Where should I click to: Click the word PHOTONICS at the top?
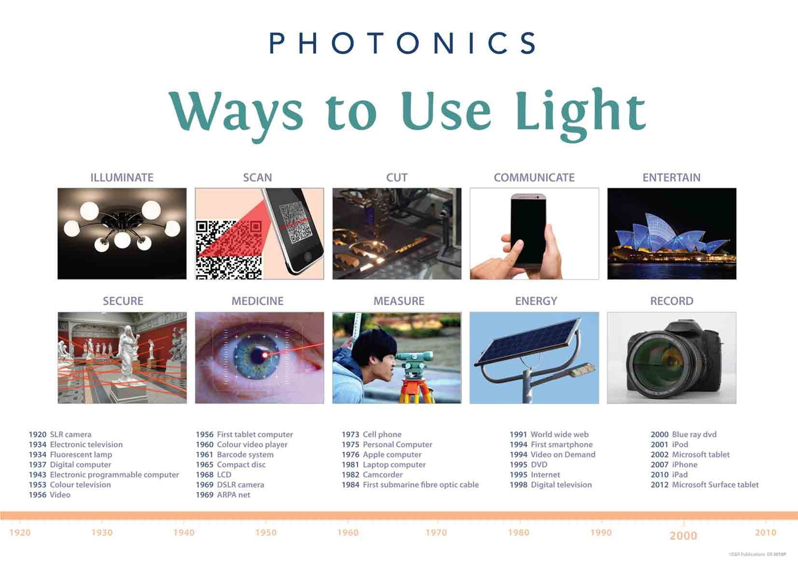402,43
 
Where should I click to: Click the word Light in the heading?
580,112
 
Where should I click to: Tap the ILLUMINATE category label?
121,177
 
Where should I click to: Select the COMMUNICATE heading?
534,177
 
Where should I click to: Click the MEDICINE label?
257,301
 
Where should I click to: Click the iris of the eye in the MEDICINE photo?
256,354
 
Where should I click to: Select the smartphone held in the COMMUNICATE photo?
529,228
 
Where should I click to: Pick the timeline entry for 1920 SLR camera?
60,435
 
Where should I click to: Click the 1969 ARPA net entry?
223,495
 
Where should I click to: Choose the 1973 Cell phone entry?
372,435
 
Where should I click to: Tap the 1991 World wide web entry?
549,435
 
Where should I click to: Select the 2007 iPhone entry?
674,465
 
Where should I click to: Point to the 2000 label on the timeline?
683,535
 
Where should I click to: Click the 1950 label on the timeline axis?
266,533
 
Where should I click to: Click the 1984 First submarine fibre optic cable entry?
410,485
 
